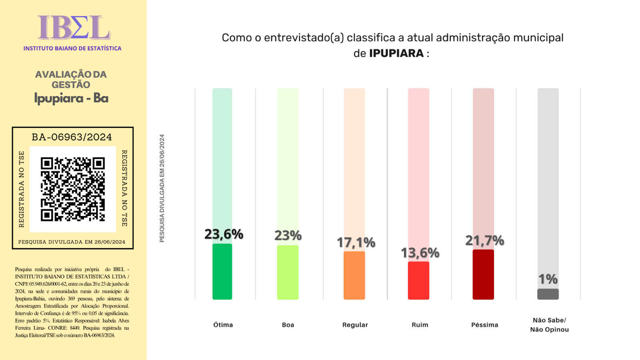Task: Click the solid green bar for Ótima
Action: (x=222, y=272)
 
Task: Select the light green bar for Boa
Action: (x=288, y=272)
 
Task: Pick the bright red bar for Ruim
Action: (x=418, y=280)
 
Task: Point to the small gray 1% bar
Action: (x=548, y=294)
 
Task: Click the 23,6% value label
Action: (x=224, y=234)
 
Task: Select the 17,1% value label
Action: (x=356, y=242)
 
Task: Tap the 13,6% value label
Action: (x=420, y=253)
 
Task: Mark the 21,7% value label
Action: (x=484, y=240)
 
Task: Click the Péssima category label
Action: (x=484, y=325)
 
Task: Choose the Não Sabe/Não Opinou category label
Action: (x=549, y=325)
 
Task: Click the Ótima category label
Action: (x=223, y=325)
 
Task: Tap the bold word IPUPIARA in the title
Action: (x=396, y=53)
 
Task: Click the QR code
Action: (x=73, y=189)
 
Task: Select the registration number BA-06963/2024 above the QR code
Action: (x=72, y=137)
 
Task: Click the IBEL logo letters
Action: (x=74, y=28)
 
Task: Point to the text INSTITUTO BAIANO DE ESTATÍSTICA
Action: (x=72, y=48)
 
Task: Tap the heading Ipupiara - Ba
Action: (x=71, y=98)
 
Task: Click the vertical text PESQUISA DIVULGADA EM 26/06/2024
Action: (x=162, y=188)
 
